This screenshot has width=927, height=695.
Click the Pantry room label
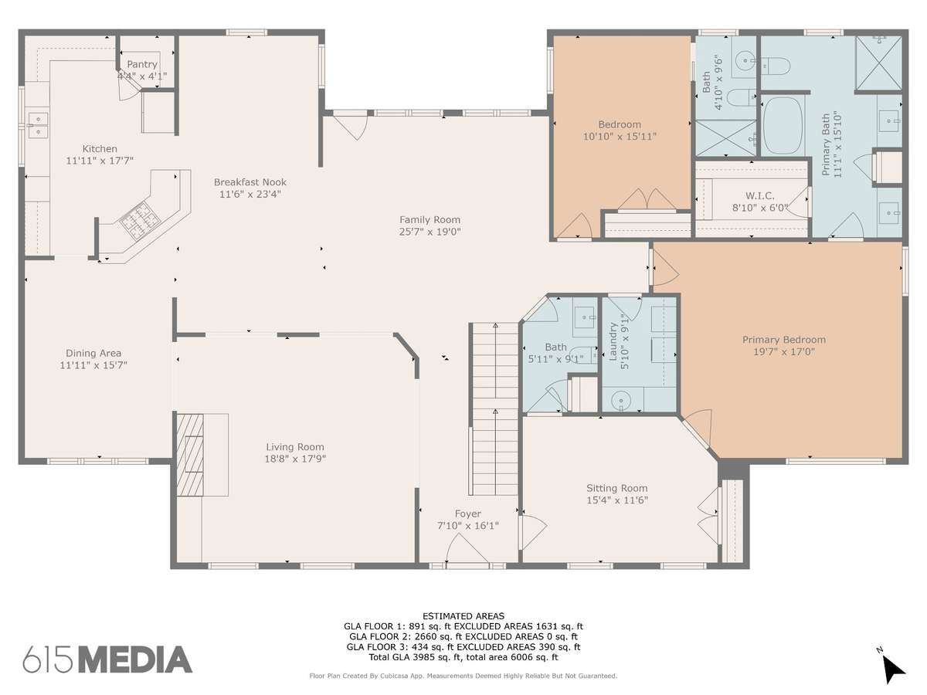click(142, 64)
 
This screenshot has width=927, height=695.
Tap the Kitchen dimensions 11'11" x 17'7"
click(100, 161)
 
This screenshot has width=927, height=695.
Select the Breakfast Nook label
click(250, 182)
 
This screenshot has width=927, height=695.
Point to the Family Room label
click(430, 219)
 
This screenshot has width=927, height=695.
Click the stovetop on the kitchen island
click(139, 221)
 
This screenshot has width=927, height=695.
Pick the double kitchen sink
click(38, 125)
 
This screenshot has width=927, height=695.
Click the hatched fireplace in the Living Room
click(190, 455)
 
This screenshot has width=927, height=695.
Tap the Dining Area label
click(93, 353)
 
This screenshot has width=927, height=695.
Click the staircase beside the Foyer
click(495, 409)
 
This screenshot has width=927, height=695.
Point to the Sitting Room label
click(616, 488)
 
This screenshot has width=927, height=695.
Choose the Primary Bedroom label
click(784, 339)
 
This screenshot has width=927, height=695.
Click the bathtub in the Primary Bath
click(783, 126)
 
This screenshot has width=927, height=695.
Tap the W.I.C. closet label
click(760, 195)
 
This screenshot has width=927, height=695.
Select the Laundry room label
click(613, 341)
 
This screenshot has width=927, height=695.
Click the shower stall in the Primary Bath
click(878, 63)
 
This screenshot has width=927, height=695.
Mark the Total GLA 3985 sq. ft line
click(463, 657)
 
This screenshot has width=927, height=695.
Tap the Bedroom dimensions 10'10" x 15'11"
click(620, 137)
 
